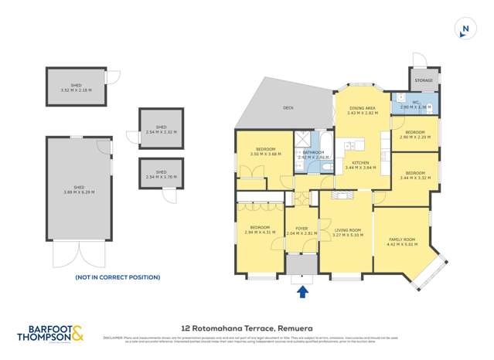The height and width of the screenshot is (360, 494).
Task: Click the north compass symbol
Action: tap(464, 30)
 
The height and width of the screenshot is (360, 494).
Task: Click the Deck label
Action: tap(288, 108)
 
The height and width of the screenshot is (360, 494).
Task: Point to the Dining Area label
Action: tap(363, 110)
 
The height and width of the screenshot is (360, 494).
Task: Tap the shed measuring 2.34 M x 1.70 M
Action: tap(162, 174)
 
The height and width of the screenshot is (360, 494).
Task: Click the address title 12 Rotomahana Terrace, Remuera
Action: tap(247, 328)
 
